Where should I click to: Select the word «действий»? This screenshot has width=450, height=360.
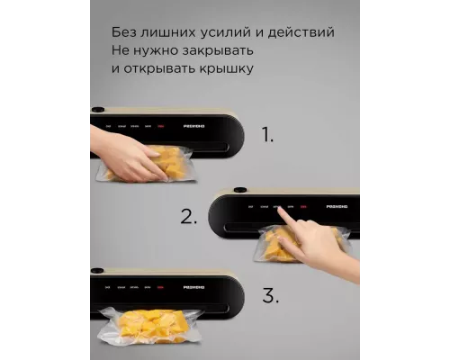pyautogui.click(x=301, y=32)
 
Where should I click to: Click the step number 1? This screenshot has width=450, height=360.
pyautogui.click(x=266, y=137)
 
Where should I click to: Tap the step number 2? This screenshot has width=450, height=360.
pyautogui.click(x=188, y=216)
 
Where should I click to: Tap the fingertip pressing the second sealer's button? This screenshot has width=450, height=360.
pyautogui.click(x=282, y=212)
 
